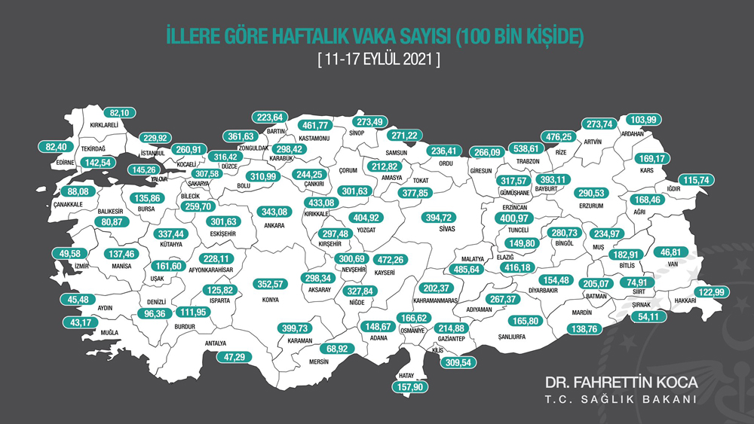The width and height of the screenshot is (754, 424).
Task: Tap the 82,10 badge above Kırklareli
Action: click(119, 112)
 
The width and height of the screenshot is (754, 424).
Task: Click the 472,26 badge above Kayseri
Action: click(394, 258)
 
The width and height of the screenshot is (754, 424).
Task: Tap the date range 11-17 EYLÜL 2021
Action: click(377, 57)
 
